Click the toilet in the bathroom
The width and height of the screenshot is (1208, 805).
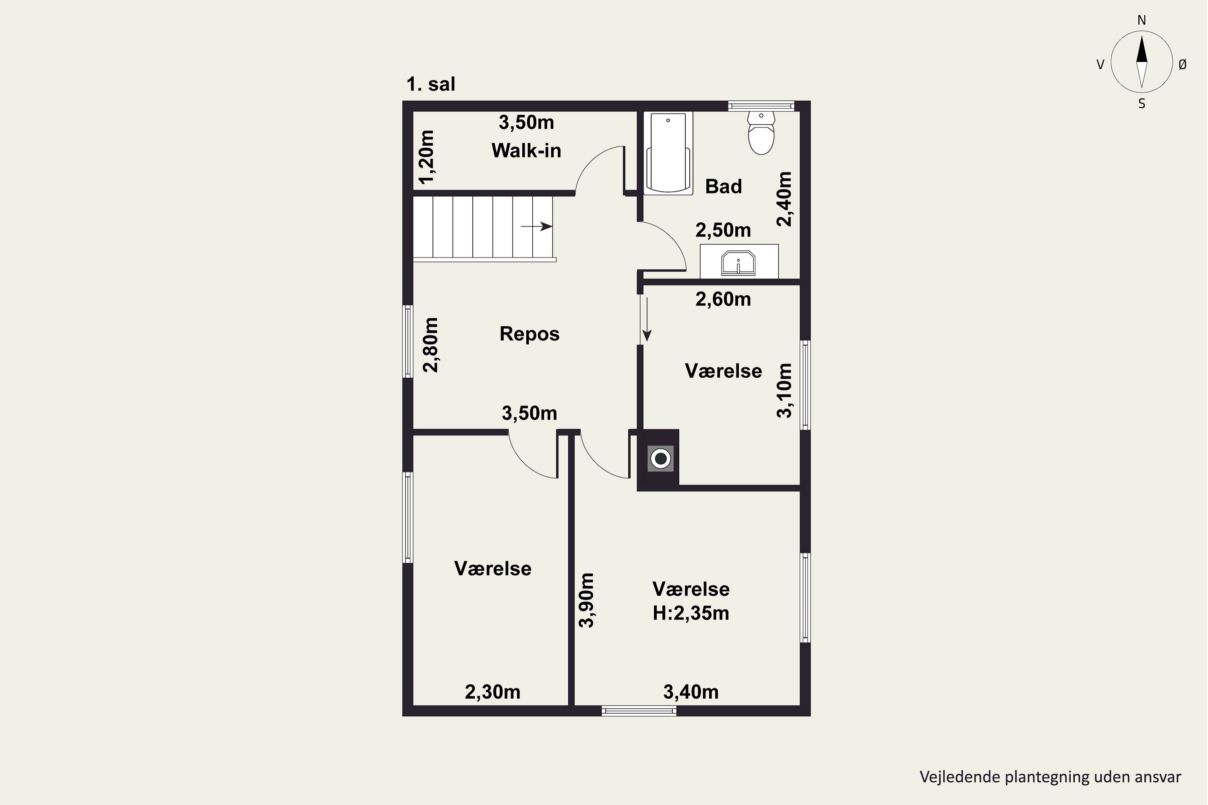(x=761, y=132)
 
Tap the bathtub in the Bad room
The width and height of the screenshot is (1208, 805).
(x=668, y=153)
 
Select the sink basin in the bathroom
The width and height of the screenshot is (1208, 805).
(x=738, y=262)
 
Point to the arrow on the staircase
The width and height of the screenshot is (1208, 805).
(x=537, y=226)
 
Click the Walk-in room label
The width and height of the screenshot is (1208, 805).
(x=526, y=151)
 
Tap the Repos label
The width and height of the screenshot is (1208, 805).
(x=530, y=334)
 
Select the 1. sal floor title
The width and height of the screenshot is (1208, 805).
(x=430, y=84)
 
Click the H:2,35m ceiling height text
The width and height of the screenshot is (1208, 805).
(x=691, y=613)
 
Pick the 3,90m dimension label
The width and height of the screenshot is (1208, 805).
(x=587, y=600)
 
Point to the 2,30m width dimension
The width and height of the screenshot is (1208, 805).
(x=492, y=692)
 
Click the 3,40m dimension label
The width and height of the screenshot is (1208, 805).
(x=691, y=692)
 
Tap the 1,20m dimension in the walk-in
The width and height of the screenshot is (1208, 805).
(x=427, y=157)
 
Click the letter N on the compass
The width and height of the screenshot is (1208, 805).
(x=1142, y=20)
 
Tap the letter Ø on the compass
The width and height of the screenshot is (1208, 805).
(x=1182, y=64)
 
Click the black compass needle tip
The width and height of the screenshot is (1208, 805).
(x=1142, y=35)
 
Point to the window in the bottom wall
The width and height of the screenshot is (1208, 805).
(x=639, y=711)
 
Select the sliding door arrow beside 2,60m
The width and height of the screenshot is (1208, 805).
(x=647, y=319)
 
